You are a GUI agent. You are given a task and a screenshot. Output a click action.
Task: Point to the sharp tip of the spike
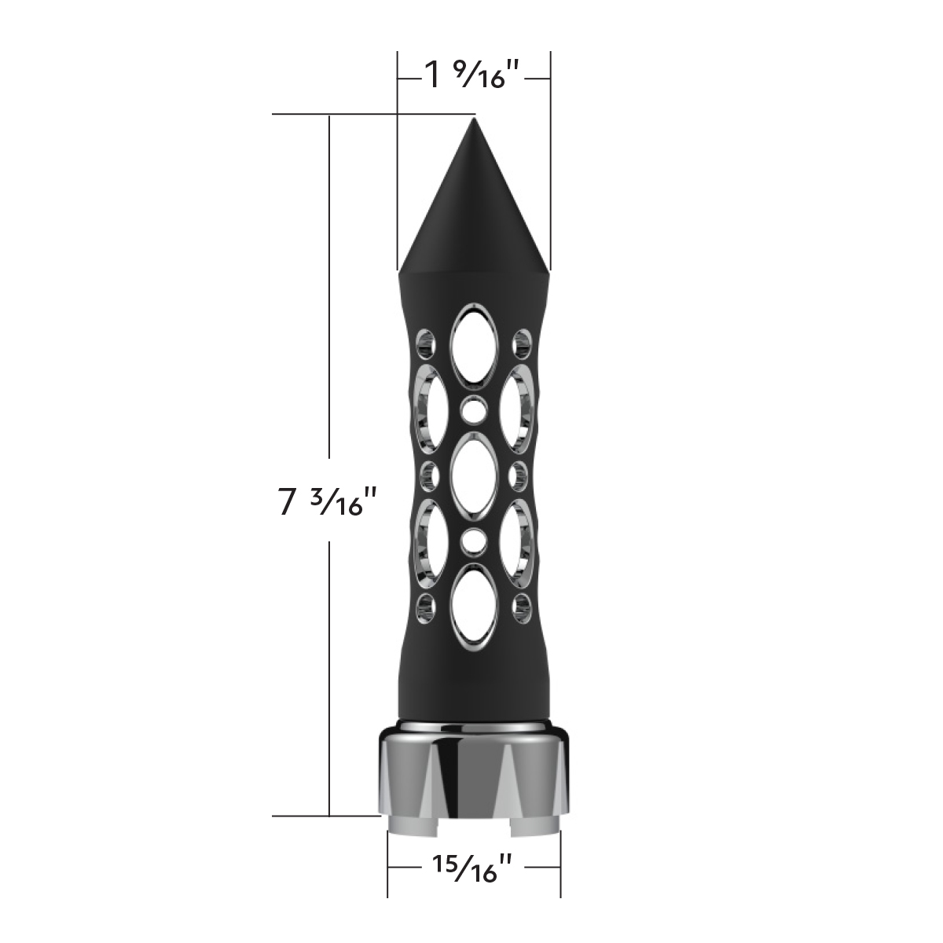[x=474, y=119]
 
